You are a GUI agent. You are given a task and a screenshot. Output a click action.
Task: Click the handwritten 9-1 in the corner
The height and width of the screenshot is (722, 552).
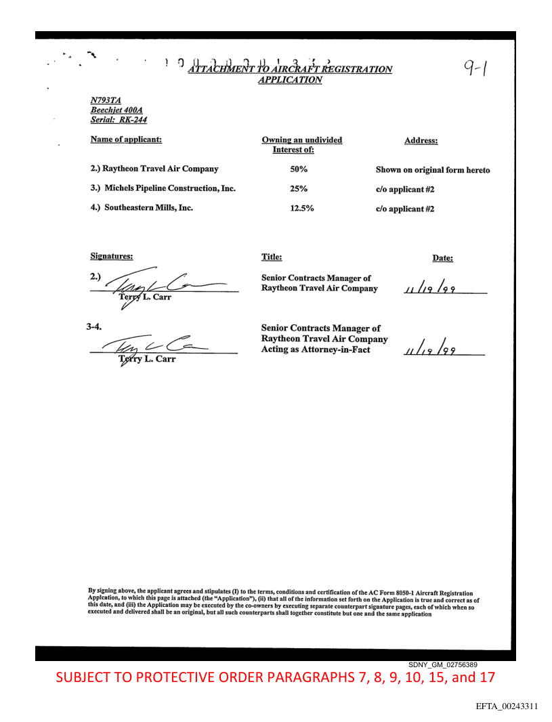[x=479, y=68]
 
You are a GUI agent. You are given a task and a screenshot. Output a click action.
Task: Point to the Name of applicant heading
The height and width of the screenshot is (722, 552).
[x=126, y=140]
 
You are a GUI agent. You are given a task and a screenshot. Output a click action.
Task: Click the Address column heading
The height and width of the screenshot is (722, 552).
[x=421, y=141]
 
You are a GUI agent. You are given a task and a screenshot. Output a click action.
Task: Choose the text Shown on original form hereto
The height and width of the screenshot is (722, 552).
[x=433, y=170]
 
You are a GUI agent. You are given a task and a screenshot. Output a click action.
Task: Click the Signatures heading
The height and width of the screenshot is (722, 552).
[x=112, y=257]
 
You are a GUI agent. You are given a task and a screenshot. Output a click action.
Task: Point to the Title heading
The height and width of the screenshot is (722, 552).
[x=272, y=257]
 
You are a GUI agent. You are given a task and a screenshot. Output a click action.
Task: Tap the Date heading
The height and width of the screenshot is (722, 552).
[x=442, y=258]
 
